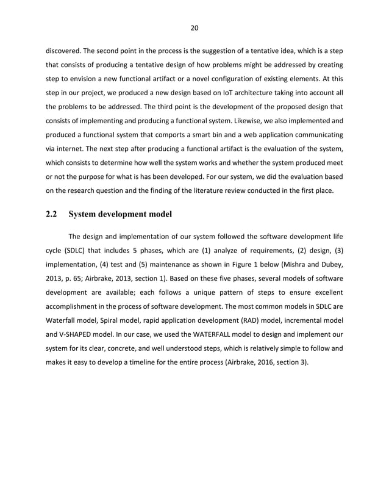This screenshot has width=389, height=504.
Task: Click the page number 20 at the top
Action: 194,27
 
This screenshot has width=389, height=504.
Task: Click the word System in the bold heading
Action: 85,214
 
